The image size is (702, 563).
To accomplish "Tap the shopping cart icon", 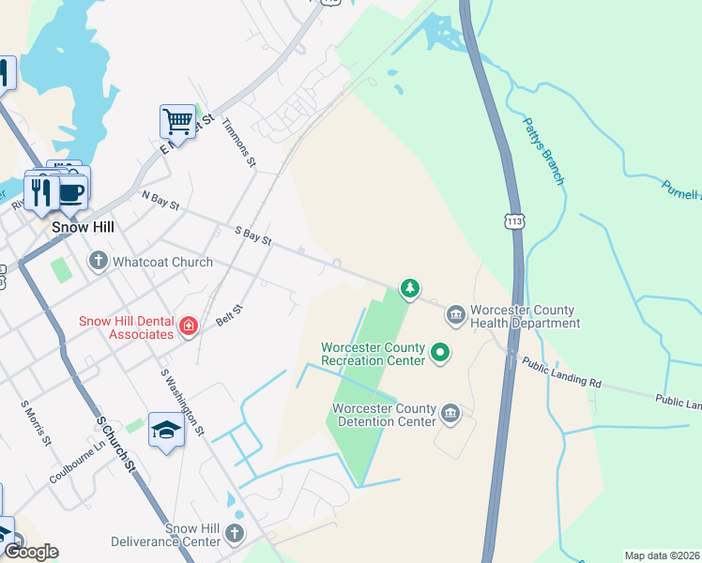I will (x=177, y=121).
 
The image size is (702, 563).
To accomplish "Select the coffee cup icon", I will (x=72, y=192).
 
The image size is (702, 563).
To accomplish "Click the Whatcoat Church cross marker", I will (x=99, y=261).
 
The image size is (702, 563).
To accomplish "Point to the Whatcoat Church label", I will (x=162, y=262).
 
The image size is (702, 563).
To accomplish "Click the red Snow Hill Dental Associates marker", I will (x=189, y=327).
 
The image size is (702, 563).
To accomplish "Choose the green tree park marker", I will (x=409, y=287).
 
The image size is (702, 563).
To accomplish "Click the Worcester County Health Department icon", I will (x=455, y=313).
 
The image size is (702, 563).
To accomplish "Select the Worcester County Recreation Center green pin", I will (x=439, y=353).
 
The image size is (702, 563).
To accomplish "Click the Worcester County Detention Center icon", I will (x=451, y=414).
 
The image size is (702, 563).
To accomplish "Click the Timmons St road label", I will (x=239, y=143).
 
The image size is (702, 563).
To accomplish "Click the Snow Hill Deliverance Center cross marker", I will (x=234, y=535).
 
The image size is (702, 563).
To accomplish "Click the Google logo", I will (x=31, y=551).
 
